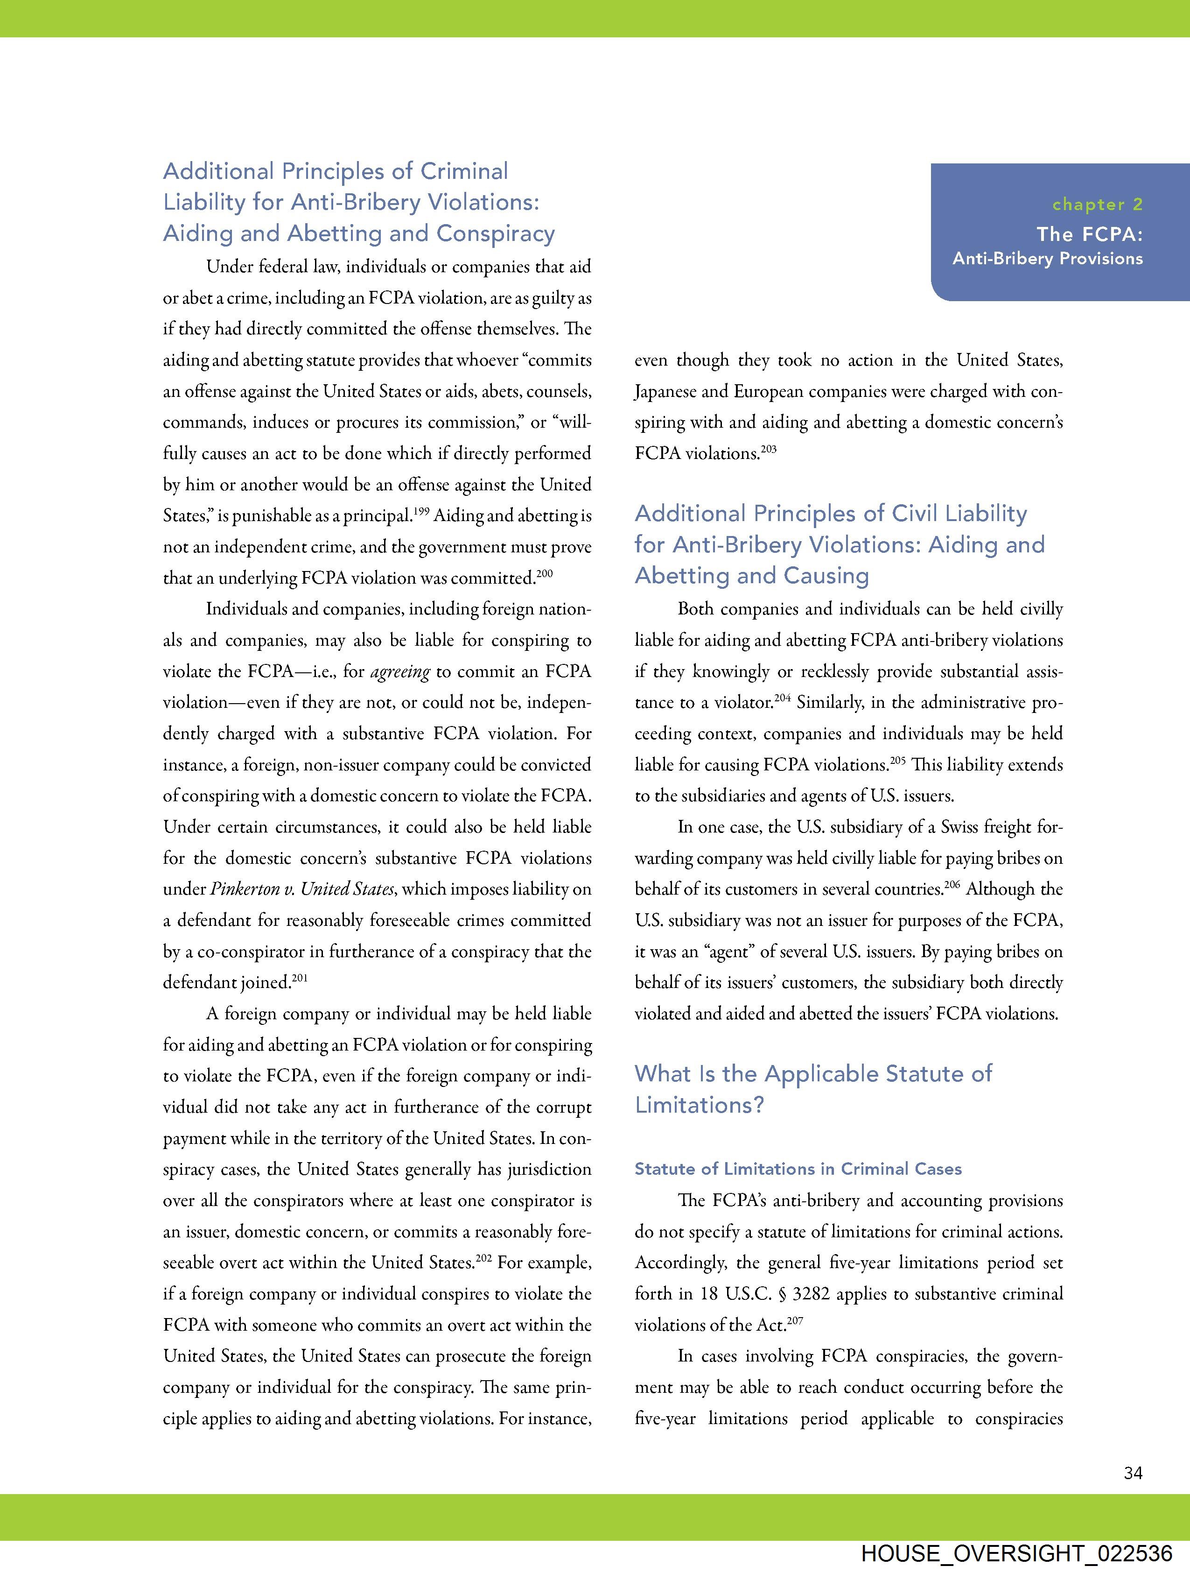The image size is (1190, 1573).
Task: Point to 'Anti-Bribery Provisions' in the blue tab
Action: (x=1048, y=259)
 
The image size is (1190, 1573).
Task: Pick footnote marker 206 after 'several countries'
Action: (x=952, y=884)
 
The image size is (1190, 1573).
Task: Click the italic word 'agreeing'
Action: (x=400, y=672)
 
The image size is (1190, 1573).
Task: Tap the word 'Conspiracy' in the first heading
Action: (x=496, y=233)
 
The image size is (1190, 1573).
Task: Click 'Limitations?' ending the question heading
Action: (x=700, y=1105)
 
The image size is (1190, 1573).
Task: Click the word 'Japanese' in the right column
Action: (x=665, y=392)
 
